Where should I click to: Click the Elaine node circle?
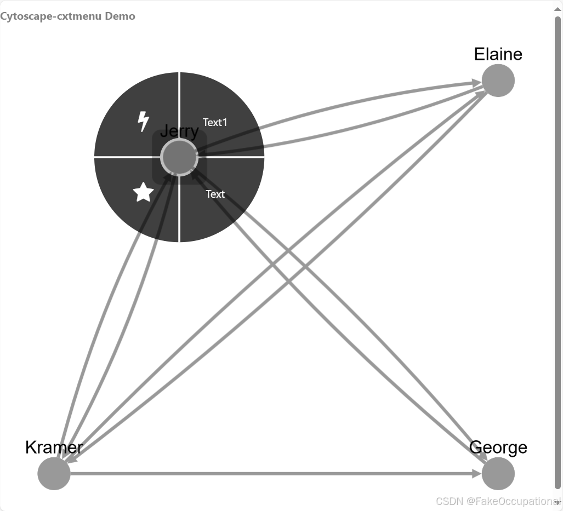click(498, 81)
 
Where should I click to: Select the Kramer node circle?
click(54, 474)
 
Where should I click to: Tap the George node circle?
click(498, 474)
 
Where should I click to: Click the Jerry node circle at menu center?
click(179, 157)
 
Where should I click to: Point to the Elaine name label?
click(498, 54)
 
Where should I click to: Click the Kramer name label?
click(54, 447)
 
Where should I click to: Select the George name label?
click(498, 447)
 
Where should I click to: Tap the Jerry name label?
click(179, 131)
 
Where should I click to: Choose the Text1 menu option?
click(215, 122)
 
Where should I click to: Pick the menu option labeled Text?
click(215, 194)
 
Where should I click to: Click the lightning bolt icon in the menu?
click(143, 121)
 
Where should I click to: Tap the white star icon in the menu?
click(143, 192)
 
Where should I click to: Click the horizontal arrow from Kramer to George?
click(274, 474)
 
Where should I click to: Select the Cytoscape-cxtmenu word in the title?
click(51, 16)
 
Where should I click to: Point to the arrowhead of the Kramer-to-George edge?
click(478, 474)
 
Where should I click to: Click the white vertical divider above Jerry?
click(179, 104)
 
